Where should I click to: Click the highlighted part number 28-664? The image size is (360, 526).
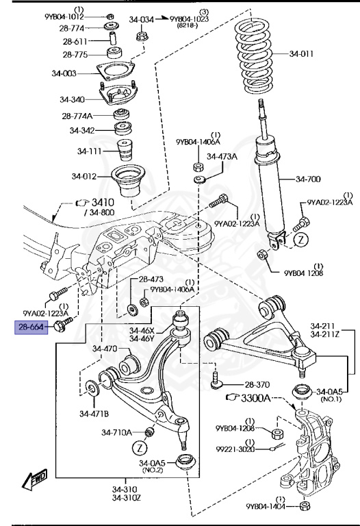click(x=31, y=327)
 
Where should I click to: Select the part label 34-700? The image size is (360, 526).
click(x=308, y=179)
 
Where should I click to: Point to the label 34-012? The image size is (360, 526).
click(x=83, y=176)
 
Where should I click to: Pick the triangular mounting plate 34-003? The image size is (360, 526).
click(x=116, y=71)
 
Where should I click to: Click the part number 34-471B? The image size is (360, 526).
click(x=94, y=414)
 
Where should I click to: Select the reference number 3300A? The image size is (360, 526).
click(x=255, y=398)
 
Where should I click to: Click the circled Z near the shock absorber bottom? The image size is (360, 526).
click(x=300, y=240)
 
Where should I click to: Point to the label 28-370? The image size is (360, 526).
click(x=257, y=385)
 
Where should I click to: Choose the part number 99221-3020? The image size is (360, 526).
click(x=235, y=449)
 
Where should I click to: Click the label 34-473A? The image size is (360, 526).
click(x=222, y=156)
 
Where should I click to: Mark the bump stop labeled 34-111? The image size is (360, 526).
click(x=125, y=150)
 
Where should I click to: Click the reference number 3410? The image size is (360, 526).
click(x=103, y=202)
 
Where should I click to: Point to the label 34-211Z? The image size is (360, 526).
click(x=325, y=334)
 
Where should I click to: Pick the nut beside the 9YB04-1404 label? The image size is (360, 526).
click(x=305, y=505)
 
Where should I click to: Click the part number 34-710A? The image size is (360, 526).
click(x=116, y=432)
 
